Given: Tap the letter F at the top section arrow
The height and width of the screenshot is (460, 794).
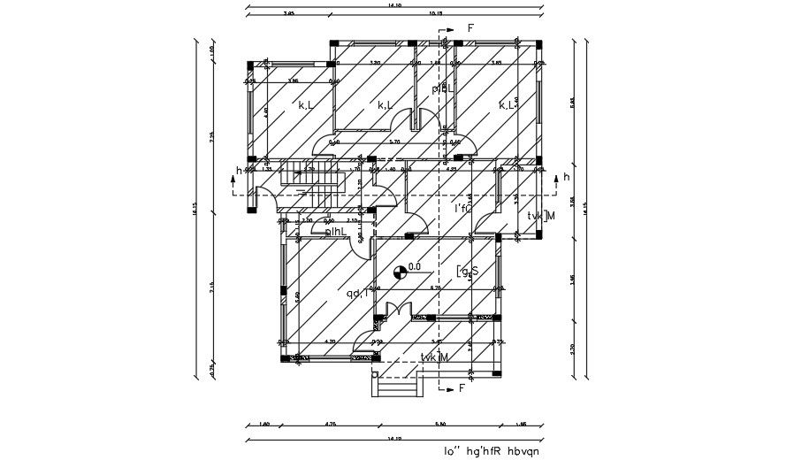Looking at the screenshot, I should pyautogui.click(x=471, y=29).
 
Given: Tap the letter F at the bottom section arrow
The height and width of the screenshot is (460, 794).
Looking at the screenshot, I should pyautogui.click(x=462, y=388).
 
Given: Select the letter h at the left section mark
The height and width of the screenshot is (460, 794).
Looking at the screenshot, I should pyautogui.click(x=238, y=171).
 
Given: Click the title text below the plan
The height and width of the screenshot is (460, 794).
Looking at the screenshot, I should pyautogui.click(x=491, y=451).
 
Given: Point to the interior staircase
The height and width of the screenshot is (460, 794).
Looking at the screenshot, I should pyautogui.click(x=309, y=187).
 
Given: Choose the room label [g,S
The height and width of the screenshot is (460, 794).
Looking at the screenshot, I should pyautogui.click(x=468, y=272).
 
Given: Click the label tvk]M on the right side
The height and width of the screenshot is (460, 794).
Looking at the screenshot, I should pyautogui.click(x=540, y=216).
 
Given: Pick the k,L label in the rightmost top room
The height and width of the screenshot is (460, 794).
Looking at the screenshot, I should pyautogui.click(x=508, y=105).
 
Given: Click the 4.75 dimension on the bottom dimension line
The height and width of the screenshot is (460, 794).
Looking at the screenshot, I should pyautogui.click(x=331, y=425).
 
